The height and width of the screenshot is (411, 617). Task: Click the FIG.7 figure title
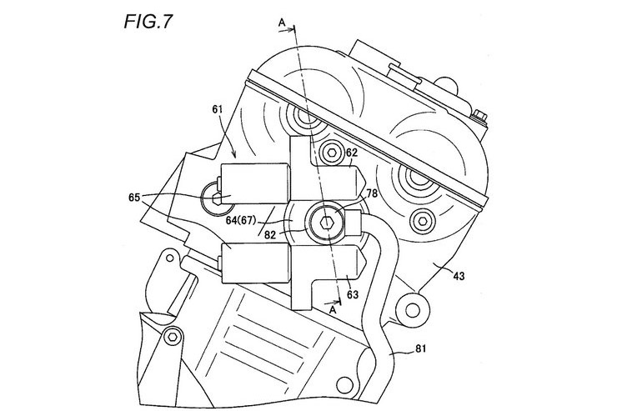148,21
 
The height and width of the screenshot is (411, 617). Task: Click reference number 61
218,110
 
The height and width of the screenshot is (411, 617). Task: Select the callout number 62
351,152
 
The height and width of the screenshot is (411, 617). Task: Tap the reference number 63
353,294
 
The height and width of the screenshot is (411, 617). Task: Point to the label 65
134,198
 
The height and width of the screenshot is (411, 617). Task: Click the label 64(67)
240,220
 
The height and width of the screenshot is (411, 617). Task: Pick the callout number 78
372,193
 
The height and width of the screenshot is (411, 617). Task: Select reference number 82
270,235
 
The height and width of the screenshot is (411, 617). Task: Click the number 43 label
459,277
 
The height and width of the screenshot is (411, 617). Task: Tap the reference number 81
420,348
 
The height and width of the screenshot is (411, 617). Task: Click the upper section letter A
282,23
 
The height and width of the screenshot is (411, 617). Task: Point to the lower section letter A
333,310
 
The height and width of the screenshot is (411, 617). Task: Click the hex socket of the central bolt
325,223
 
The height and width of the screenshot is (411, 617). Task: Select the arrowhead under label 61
234,155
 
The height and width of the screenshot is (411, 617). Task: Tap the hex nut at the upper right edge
479,117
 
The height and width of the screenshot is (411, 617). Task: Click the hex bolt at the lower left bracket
173,337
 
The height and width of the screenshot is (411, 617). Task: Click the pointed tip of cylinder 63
366,260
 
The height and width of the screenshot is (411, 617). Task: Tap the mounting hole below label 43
412,310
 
